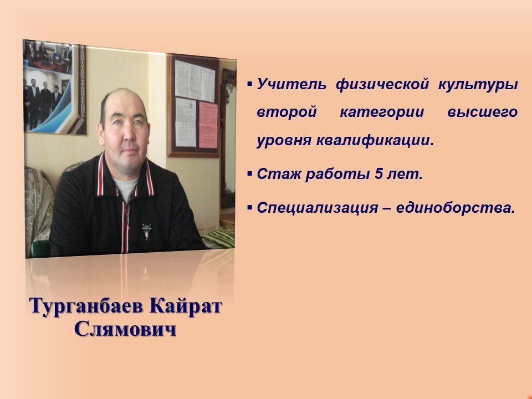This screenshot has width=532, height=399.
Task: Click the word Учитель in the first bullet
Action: click(291, 84)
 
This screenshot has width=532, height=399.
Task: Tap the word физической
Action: click(382, 85)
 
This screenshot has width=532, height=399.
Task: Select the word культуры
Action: click(478, 85)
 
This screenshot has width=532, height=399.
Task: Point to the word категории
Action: click(382, 112)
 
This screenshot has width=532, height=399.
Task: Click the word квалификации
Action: click(375, 140)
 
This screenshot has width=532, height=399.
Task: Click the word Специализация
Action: click(317, 208)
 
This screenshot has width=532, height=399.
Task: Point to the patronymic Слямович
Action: click(126, 329)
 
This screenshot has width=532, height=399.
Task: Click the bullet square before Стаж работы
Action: click(250, 173)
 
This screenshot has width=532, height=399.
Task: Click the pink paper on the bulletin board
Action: click(208, 125)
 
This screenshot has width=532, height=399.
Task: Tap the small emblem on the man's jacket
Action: click(146, 232)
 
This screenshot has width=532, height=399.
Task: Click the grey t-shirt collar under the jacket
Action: click(126, 188)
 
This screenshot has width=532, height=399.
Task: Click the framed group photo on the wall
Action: click(55, 87)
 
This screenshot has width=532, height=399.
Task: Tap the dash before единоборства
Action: click(386, 208)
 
